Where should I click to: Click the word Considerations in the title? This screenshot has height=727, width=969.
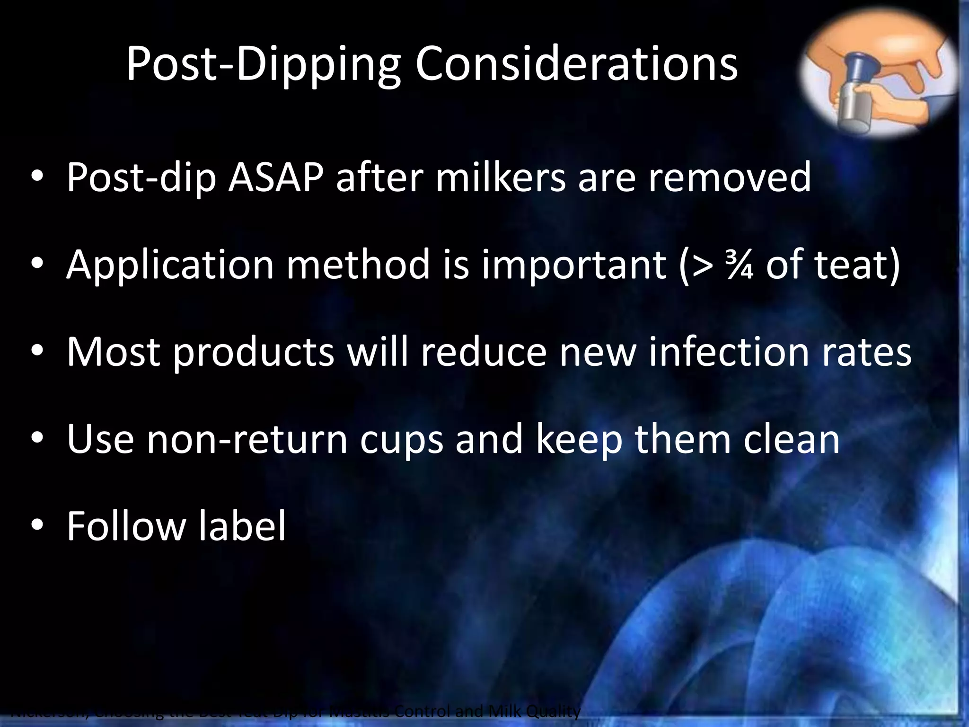click(x=576, y=64)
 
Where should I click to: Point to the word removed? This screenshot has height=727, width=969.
click(x=729, y=177)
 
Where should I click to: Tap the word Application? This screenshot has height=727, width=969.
click(x=170, y=265)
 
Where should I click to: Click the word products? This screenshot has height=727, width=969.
click(x=254, y=353)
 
